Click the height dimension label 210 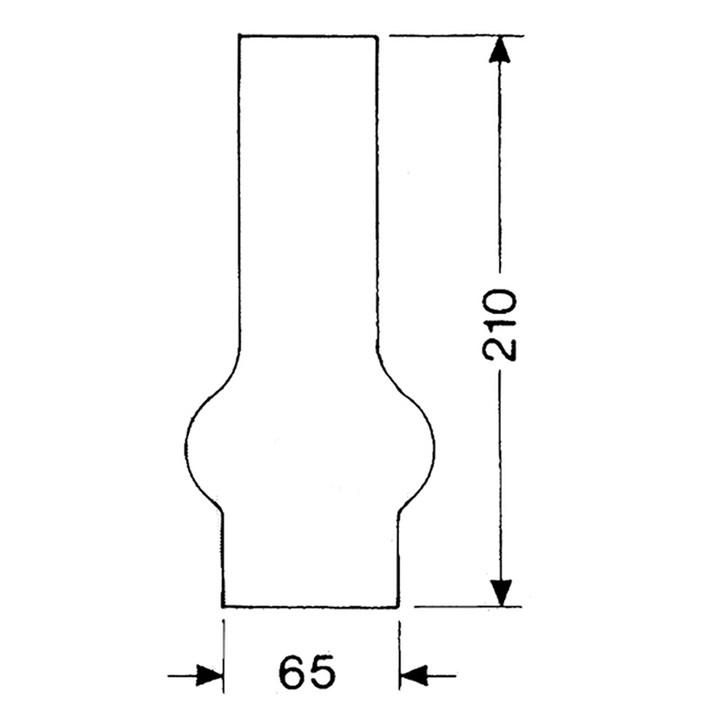pos(499,325)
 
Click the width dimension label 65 pos(308,673)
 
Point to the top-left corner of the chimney pos(239,35)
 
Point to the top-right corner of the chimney pos(377,35)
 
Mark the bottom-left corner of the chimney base pos(222,606)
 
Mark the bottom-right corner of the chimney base pos(398,606)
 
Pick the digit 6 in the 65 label pos(292,673)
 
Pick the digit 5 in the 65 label pos(323,673)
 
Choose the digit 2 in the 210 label pos(499,349)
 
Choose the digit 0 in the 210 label pos(499,301)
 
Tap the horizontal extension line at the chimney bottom pos(465,606)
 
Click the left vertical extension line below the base pos(222,651)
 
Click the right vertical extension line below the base pos(399,651)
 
